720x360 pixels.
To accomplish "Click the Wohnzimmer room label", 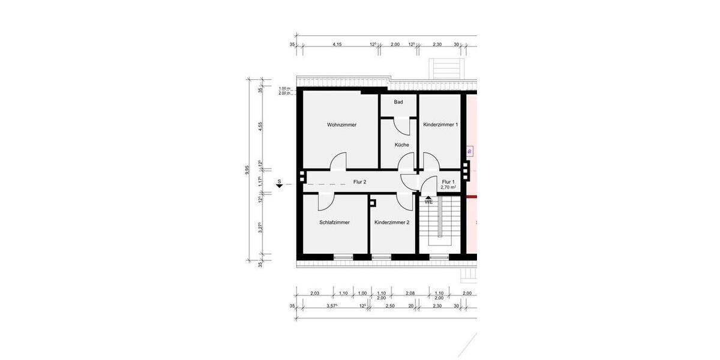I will click(341, 125).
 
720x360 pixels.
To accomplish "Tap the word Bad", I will click(398, 102).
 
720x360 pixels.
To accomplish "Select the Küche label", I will click(401, 145).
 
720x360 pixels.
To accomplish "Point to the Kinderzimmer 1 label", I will click(440, 125).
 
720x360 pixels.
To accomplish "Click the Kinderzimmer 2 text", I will click(391, 222).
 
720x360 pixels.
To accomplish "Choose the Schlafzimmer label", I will click(334, 222).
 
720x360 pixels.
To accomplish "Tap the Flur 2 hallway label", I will click(359, 181).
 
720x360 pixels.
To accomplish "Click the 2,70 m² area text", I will click(448, 187).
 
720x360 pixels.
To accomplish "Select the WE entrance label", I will click(428, 202).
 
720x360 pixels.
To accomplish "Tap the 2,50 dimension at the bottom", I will click(389, 306).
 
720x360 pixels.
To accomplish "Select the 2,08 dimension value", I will click(410, 293).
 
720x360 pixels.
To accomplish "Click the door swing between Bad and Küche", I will click(401, 127).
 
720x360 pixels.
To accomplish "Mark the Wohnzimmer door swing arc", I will click(338, 162).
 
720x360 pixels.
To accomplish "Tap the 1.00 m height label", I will click(284, 89).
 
